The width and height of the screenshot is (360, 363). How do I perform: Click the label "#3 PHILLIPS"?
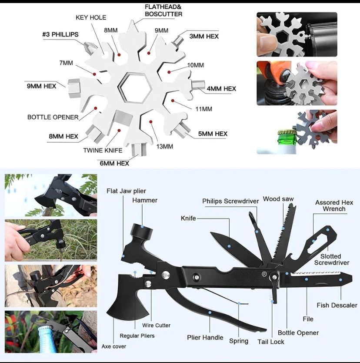click(x=60, y=34)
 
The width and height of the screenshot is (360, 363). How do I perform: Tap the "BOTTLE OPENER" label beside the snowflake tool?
click(x=53, y=117)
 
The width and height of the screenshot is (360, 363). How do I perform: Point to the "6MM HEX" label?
click(x=113, y=163)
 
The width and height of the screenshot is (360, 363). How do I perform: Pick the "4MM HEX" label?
click(x=221, y=88)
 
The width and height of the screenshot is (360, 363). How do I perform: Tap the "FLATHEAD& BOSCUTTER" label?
click(x=163, y=10)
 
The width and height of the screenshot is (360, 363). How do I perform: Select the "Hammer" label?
click(x=145, y=200)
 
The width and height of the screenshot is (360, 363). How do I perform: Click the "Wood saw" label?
click(x=278, y=199)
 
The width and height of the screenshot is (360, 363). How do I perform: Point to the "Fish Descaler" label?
click(x=337, y=305)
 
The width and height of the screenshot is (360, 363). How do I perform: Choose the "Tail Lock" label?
click(x=271, y=342)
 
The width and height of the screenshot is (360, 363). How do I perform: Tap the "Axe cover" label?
click(x=114, y=346)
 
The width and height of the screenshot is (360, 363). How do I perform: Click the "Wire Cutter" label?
click(x=157, y=325)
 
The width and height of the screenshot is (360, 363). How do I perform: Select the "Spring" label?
click(x=239, y=341)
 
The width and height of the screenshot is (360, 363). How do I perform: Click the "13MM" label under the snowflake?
click(x=164, y=146)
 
